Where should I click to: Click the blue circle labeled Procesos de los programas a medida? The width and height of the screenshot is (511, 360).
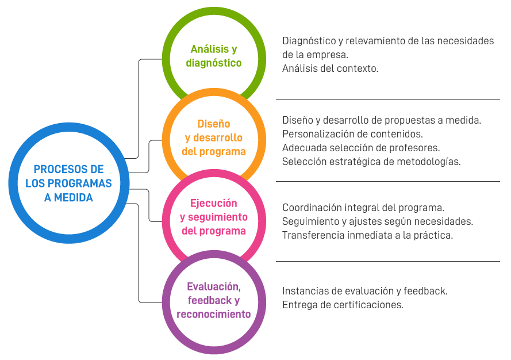point(69,183)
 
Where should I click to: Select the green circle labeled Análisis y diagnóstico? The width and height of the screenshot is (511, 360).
point(214,56)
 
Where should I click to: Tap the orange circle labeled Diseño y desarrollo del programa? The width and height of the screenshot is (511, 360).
point(214,138)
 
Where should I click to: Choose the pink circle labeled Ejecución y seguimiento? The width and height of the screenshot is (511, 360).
point(214,217)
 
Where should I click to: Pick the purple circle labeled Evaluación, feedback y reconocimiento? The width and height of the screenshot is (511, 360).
point(214,300)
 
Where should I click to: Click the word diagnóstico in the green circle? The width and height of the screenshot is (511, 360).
point(214,63)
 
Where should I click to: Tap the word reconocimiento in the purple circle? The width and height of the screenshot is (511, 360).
point(214,314)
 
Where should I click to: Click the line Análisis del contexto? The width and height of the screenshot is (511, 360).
point(330,68)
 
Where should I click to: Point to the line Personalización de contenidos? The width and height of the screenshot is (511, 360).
point(352,134)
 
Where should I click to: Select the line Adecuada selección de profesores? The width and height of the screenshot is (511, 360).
point(361,148)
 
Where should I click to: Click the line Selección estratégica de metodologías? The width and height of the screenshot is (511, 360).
point(371,162)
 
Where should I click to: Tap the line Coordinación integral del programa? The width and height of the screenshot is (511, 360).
point(363,207)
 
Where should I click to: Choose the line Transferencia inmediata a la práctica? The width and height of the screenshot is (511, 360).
point(368,235)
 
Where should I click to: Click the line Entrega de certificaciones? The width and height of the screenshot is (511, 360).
point(343,305)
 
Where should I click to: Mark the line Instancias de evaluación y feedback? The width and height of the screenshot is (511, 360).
point(365,291)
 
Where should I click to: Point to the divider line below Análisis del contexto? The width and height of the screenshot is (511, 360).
point(388,100)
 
